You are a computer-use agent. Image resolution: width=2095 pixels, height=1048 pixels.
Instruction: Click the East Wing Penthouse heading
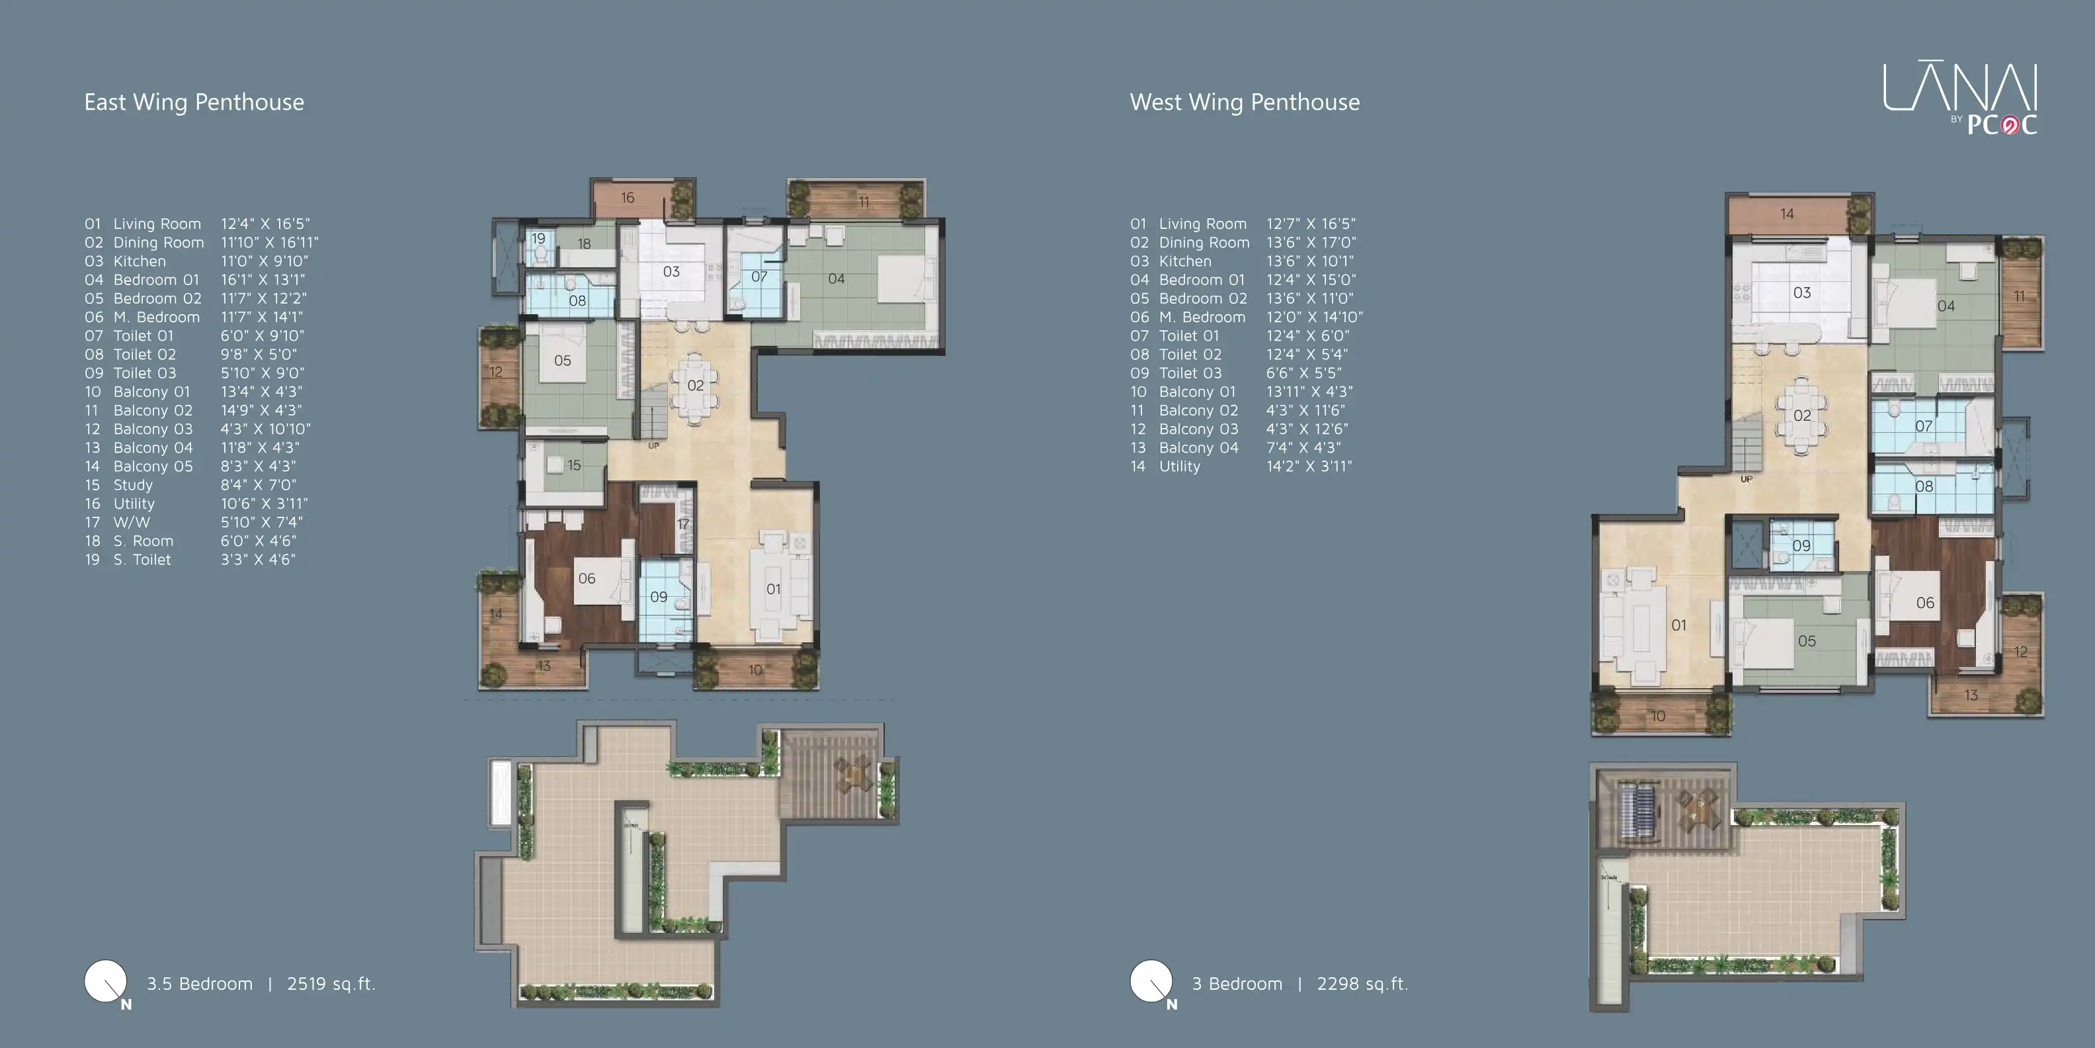tap(194, 102)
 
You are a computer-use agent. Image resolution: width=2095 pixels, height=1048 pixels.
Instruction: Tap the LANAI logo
tap(1959, 98)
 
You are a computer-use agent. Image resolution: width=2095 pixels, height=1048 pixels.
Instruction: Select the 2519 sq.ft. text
tap(330, 983)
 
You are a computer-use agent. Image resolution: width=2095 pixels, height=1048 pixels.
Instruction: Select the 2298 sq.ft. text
tap(1362, 983)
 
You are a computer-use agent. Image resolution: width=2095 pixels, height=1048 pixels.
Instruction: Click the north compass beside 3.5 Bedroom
tap(106, 982)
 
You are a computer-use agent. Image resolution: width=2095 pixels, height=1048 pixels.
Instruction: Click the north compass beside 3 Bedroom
tap(1151, 982)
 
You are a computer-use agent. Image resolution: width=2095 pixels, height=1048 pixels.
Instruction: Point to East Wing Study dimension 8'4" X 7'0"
tap(258, 485)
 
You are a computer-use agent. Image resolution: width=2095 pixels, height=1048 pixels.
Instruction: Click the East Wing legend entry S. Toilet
tap(142, 560)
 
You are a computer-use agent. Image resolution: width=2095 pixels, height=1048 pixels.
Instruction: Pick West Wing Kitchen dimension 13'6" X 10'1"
tap(1309, 261)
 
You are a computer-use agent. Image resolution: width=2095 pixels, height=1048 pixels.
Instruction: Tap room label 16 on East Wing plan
tap(627, 198)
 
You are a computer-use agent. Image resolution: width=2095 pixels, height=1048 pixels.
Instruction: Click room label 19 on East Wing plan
tap(538, 238)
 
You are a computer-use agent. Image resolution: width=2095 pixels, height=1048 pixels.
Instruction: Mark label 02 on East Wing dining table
tap(695, 385)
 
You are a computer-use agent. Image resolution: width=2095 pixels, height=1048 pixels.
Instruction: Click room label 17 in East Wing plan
tap(683, 524)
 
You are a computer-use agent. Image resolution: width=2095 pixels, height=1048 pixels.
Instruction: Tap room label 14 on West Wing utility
tap(1787, 214)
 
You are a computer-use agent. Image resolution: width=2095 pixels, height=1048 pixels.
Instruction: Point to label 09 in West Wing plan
tap(1801, 546)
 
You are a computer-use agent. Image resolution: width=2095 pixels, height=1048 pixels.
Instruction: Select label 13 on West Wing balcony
tap(1971, 695)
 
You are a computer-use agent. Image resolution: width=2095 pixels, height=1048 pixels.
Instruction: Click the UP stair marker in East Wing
tap(653, 446)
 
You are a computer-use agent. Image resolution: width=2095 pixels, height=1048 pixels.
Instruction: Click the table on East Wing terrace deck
tap(852, 772)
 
